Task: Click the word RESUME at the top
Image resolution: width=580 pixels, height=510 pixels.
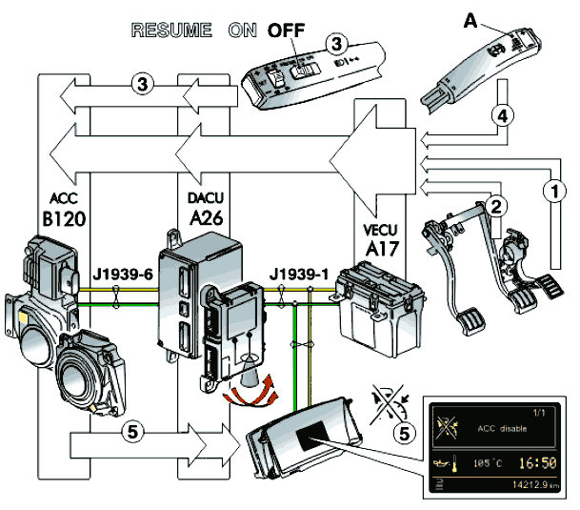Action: pos(171,30)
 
